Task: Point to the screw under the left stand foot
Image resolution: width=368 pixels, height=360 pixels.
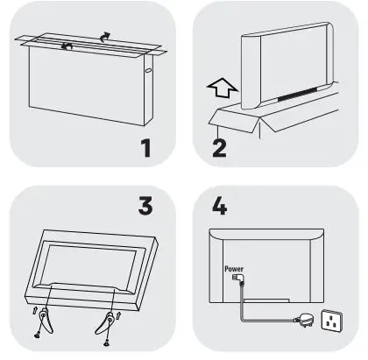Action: click(39, 334)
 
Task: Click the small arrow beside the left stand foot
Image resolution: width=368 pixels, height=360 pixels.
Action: click(32, 310)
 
